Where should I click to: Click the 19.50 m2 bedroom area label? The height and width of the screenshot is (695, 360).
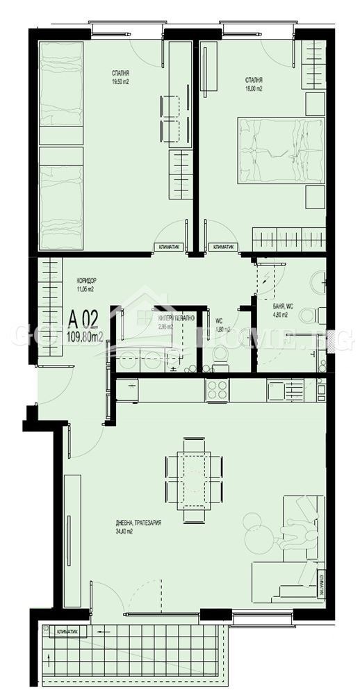pyautogui.click(x=120, y=81)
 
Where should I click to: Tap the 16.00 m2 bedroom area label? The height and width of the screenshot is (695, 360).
pyautogui.click(x=253, y=89)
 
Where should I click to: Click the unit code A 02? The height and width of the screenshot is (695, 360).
pyautogui.click(x=83, y=320)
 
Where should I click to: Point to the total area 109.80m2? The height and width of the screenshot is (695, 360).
pyautogui.click(x=85, y=338)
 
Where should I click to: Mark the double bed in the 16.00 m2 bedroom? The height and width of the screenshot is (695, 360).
pyautogui.click(x=281, y=150)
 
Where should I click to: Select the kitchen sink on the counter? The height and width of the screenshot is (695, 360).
pyautogui.click(x=275, y=390)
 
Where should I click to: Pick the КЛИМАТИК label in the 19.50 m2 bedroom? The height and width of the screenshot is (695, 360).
pyautogui.click(x=167, y=246)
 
